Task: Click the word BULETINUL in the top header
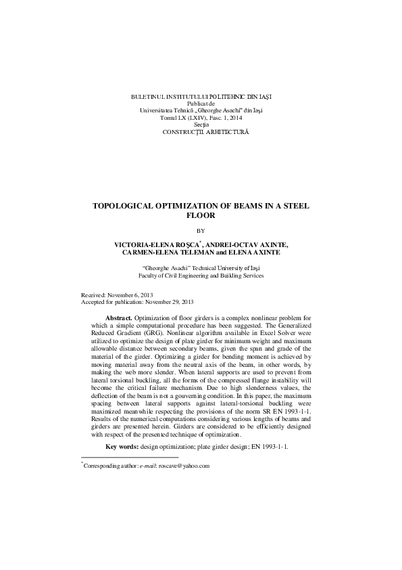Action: point(148,97)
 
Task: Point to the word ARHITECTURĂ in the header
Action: point(224,131)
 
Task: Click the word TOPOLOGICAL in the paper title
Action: point(130,206)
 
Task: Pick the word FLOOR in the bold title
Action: point(200,216)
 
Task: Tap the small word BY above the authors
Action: point(201,230)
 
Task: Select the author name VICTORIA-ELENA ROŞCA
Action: point(151,243)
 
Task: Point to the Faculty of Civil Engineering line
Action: point(201,276)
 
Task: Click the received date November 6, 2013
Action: point(139,297)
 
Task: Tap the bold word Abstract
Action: point(120,317)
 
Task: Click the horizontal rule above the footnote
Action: point(129,457)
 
